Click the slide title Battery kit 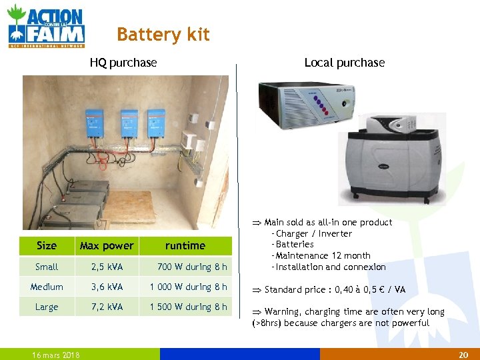pos(163,35)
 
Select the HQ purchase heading pos(123,63)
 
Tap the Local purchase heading pos(344,63)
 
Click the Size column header pos(47,245)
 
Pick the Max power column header pos(107,245)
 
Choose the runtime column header pos(185,245)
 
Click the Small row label pos(47,267)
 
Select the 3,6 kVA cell pos(107,287)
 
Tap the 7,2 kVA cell pos(107,307)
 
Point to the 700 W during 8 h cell pos(192,267)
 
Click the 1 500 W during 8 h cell pos(188,307)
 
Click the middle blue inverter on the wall pos(128,124)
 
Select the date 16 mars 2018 pos(57,355)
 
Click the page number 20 pos(464,355)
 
